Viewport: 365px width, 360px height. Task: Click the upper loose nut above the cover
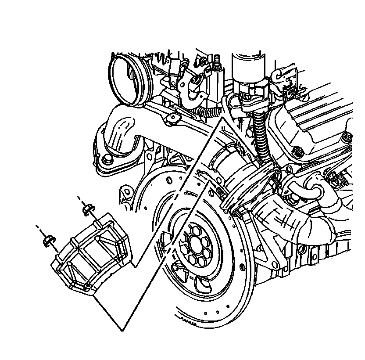(x=87, y=208)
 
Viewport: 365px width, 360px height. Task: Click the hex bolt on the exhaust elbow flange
(x=105, y=159)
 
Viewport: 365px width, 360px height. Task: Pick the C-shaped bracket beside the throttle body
(x=193, y=90)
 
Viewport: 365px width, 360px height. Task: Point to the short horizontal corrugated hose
(x=210, y=113)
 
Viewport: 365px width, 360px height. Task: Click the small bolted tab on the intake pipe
(x=172, y=118)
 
